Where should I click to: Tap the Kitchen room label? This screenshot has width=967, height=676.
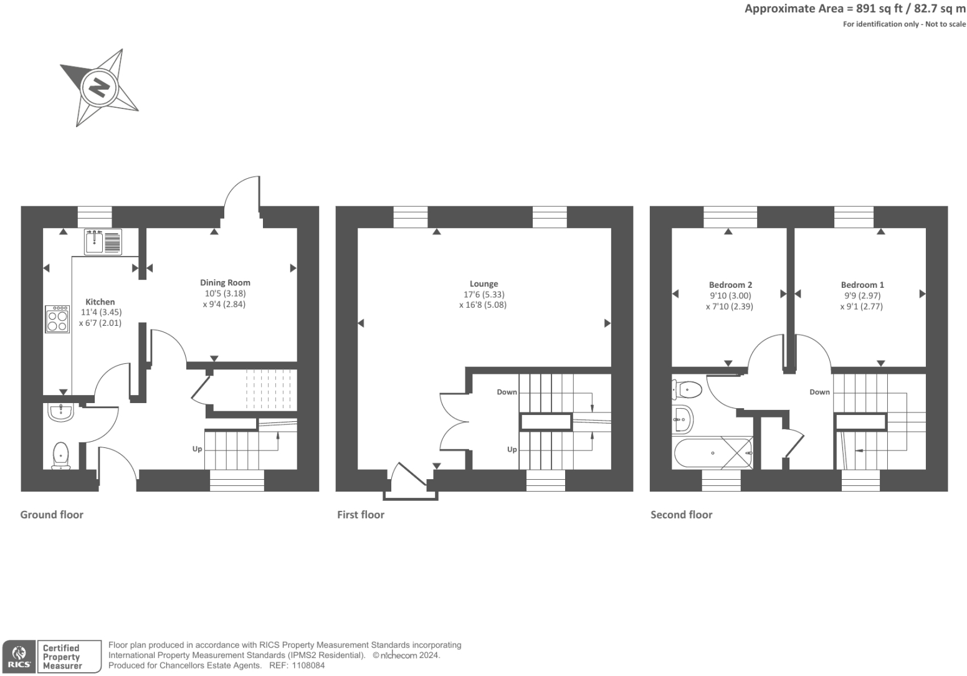coord(100,302)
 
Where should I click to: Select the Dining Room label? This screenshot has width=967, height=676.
coord(225,283)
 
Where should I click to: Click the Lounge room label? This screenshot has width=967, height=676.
coord(483,284)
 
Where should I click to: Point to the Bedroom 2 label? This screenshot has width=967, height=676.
coord(730,285)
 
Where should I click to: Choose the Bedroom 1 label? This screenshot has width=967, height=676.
coord(862,285)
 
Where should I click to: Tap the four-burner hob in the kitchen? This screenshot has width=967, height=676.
coord(57,319)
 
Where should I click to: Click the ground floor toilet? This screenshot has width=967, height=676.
coord(60,454)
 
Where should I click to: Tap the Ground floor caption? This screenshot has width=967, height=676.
coord(52,515)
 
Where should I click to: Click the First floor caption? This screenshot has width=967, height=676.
coord(361,515)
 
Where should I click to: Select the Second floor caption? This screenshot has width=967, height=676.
coord(681,515)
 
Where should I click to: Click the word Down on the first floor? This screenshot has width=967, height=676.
coord(507,392)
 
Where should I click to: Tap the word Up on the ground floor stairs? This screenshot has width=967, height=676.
coord(197,449)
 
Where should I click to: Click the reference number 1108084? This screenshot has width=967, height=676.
coord(305,665)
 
